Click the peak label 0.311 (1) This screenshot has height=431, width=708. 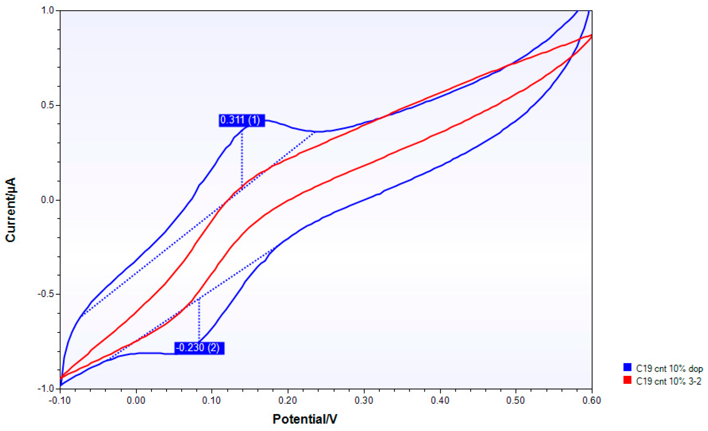(242, 120)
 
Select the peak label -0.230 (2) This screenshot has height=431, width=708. (199, 348)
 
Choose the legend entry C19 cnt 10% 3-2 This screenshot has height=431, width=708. (668, 381)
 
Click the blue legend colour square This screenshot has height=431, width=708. (627, 368)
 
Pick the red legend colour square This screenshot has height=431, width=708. (627, 380)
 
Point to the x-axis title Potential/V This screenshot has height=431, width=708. (305, 419)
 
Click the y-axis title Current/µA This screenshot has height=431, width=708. (11, 210)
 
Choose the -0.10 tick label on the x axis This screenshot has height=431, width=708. (60, 400)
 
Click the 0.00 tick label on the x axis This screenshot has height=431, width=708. (136, 400)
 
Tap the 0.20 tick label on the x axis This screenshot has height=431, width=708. (288, 400)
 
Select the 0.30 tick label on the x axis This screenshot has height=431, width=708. (364, 400)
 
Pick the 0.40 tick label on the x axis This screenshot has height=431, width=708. (440, 400)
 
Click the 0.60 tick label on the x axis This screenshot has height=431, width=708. (592, 400)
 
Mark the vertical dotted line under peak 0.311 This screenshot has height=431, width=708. (242, 159)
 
